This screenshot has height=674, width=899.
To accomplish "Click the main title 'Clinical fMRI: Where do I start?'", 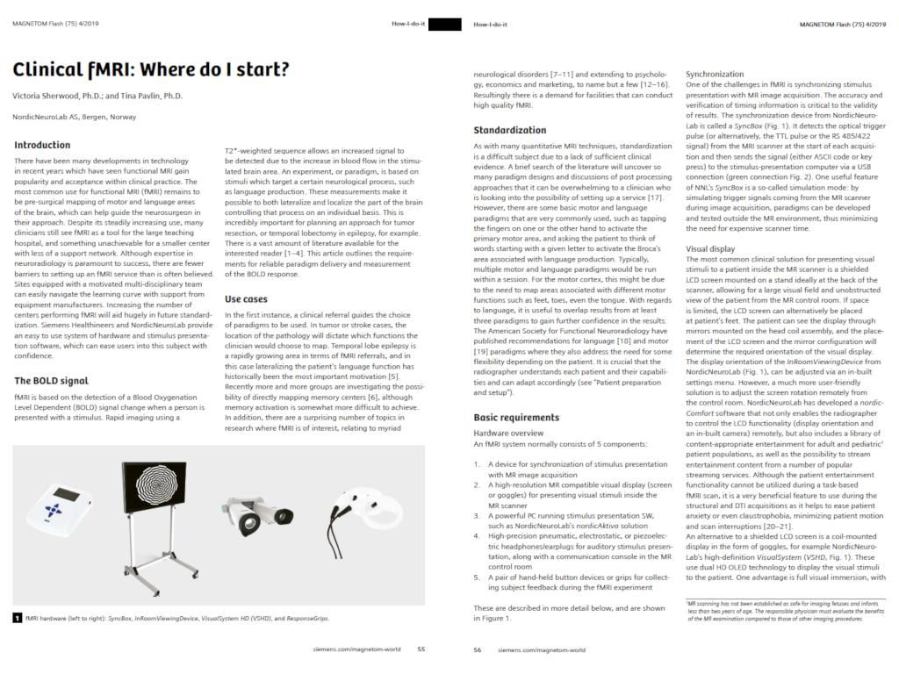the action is pos(150,69).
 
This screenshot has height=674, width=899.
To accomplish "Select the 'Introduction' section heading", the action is pos(42,145).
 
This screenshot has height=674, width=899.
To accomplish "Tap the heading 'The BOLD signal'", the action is pos(51,381).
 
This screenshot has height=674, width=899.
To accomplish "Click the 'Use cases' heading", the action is pos(246,298).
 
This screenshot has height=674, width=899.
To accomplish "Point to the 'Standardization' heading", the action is pos(509,130).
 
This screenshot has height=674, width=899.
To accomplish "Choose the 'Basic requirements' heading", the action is pos(516,417).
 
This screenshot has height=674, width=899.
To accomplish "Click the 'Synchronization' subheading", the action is pos(715,75).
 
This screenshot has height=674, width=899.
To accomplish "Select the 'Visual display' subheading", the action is pos(710,249).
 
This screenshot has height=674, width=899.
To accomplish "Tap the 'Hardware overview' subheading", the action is pos(508,433).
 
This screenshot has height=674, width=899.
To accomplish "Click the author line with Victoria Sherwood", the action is pos(97,96).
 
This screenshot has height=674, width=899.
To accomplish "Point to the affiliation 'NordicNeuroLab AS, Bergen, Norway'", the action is pos(75,117).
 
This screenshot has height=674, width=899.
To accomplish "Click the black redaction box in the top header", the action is pos(444,24).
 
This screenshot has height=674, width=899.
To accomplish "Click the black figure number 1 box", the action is pos(18,618).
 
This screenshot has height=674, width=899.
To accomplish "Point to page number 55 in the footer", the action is pos(421,649).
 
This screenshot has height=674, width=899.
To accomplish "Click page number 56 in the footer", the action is pos(478,649).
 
